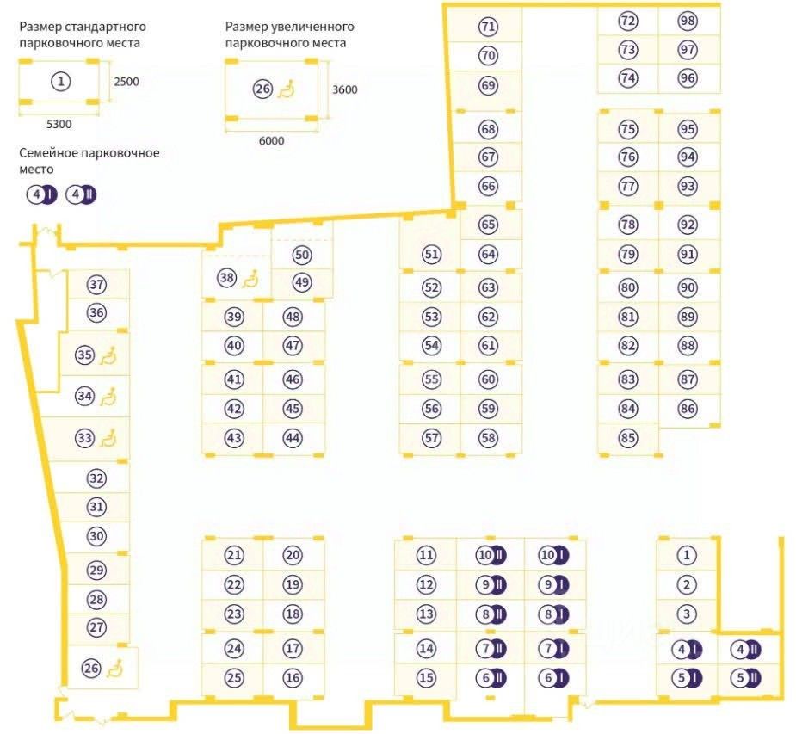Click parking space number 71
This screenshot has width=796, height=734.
pos(489,27)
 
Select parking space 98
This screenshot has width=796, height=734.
pos(687,21)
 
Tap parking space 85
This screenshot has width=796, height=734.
pos(628,438)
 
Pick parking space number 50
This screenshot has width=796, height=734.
pos(301,255)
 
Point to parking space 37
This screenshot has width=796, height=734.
pos(96,285)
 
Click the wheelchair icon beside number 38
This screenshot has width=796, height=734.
pos(250,278)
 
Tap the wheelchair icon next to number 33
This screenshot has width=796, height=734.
pos(108,439)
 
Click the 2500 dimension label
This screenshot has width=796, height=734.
pos(126,83)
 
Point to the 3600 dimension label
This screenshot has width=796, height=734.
pos(344,89)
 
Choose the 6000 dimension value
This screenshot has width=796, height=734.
pos(271,141)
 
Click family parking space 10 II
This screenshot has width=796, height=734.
pos(491,555)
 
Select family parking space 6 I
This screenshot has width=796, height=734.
pos(552,677)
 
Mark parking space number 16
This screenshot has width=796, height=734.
pos(293,677)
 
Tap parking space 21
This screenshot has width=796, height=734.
pos(234,555)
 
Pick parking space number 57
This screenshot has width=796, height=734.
pos(432,437)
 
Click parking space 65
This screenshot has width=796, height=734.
pos(489,225)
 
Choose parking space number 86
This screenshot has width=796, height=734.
pos(687,409)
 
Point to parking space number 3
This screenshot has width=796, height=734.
pos(686,614)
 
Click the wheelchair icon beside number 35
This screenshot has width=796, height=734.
pos(108,355)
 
